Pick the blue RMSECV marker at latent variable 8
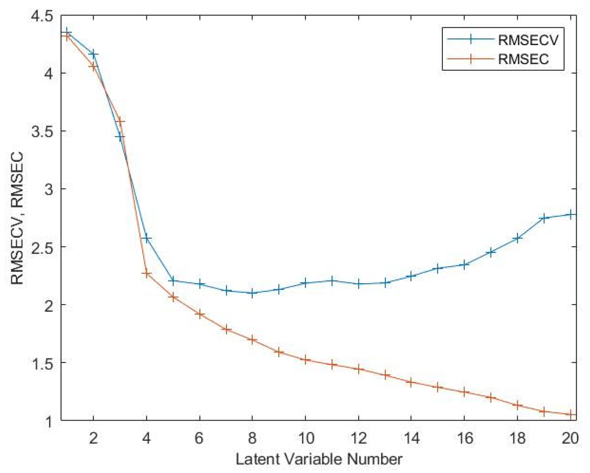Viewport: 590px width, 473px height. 252,293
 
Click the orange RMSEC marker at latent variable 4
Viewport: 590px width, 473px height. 146,274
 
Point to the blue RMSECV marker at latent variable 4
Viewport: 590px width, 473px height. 146,239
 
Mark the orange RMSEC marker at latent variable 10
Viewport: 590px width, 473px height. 305,360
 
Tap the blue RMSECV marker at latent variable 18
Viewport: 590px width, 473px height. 517,239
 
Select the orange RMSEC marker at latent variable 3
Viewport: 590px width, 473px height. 120,122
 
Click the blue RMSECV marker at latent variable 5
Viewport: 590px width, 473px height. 173,280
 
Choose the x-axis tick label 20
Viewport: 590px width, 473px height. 570,438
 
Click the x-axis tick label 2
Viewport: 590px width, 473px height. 94,438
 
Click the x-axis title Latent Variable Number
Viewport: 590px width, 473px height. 319,459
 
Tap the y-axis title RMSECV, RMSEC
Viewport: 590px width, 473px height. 17,218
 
